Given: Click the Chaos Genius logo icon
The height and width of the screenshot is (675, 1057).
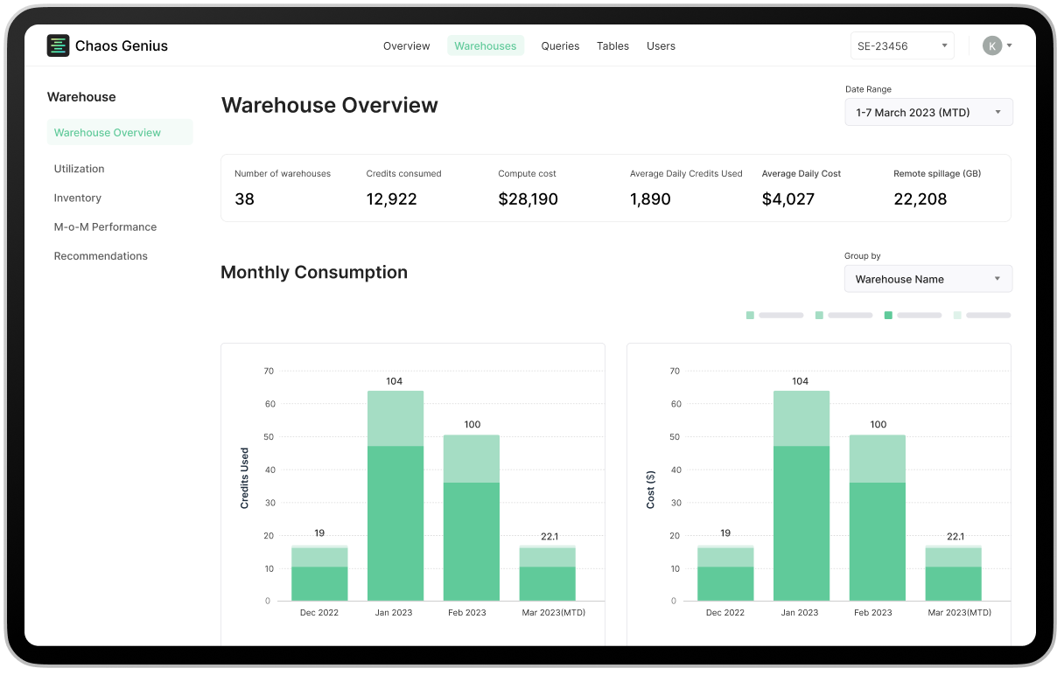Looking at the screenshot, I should point(58,45).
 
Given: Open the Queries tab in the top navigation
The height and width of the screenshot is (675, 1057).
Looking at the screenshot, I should point(560,46).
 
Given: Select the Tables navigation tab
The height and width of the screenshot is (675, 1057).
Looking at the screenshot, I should point(612,46).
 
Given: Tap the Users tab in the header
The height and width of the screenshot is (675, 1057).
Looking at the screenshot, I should point(661,46).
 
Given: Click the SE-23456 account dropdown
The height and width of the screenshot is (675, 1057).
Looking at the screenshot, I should point(902,46).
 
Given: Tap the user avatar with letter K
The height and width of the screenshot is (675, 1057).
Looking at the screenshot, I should point(991,45).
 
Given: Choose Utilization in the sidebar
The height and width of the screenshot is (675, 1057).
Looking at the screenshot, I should point(79,169).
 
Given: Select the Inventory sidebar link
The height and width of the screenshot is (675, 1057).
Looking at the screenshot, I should point(78,198).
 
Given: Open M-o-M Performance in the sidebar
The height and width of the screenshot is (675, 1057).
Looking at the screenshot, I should point(105,226).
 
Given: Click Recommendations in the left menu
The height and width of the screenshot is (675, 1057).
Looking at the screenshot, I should point(101,256).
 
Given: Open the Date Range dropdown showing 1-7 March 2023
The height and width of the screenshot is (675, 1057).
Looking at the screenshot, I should point(928,112).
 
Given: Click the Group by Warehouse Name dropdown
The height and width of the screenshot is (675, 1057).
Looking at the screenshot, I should point(927,279).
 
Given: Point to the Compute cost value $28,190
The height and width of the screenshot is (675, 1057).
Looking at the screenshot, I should point(528,199).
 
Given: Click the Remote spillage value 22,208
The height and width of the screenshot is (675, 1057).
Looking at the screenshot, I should point(920,199).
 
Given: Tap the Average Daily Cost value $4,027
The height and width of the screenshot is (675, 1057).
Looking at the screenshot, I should point(787,199).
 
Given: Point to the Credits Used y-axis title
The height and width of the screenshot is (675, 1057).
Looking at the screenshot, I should point(245,478).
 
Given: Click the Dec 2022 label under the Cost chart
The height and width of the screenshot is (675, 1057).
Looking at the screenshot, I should point(724,613).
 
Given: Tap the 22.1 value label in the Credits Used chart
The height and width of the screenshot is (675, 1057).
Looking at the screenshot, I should point(549,536).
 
